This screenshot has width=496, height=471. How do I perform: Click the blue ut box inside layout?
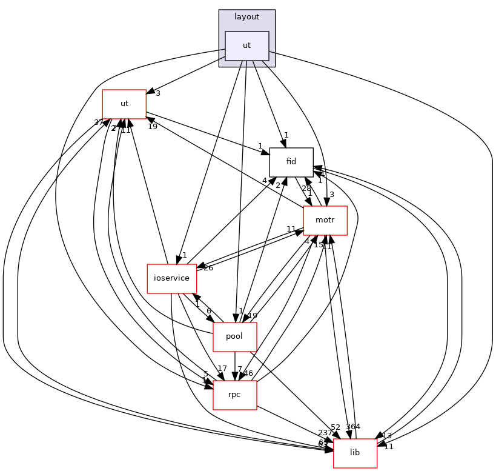click(246, 46)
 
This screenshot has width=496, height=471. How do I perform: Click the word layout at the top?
click(246, 17)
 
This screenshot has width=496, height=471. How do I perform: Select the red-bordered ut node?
click(124, 104)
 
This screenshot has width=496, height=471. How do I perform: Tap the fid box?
click(291, 162)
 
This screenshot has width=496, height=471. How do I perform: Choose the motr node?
click(325, 221)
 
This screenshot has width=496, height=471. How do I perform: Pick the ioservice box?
click(171, 278)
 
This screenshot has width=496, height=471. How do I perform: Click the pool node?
click(234, 336)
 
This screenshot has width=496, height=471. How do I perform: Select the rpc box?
click(234, 395)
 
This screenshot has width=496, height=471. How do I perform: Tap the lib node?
click(355, 453)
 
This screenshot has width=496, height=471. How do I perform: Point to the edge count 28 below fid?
click(306, 189)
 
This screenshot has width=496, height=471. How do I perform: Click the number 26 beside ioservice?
click(208, 268)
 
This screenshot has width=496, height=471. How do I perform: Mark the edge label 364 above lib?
click(353, 427)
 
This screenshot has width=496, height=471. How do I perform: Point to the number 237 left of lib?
click(325, 432)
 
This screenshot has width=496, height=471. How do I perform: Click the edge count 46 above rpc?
click(248, 373)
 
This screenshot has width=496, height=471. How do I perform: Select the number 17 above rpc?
click(222, 369)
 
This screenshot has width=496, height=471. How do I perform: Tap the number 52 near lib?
click(335, 427)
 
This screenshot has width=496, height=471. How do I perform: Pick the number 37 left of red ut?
click(99, 122)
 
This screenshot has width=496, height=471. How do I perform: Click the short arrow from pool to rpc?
click(234, 366)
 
